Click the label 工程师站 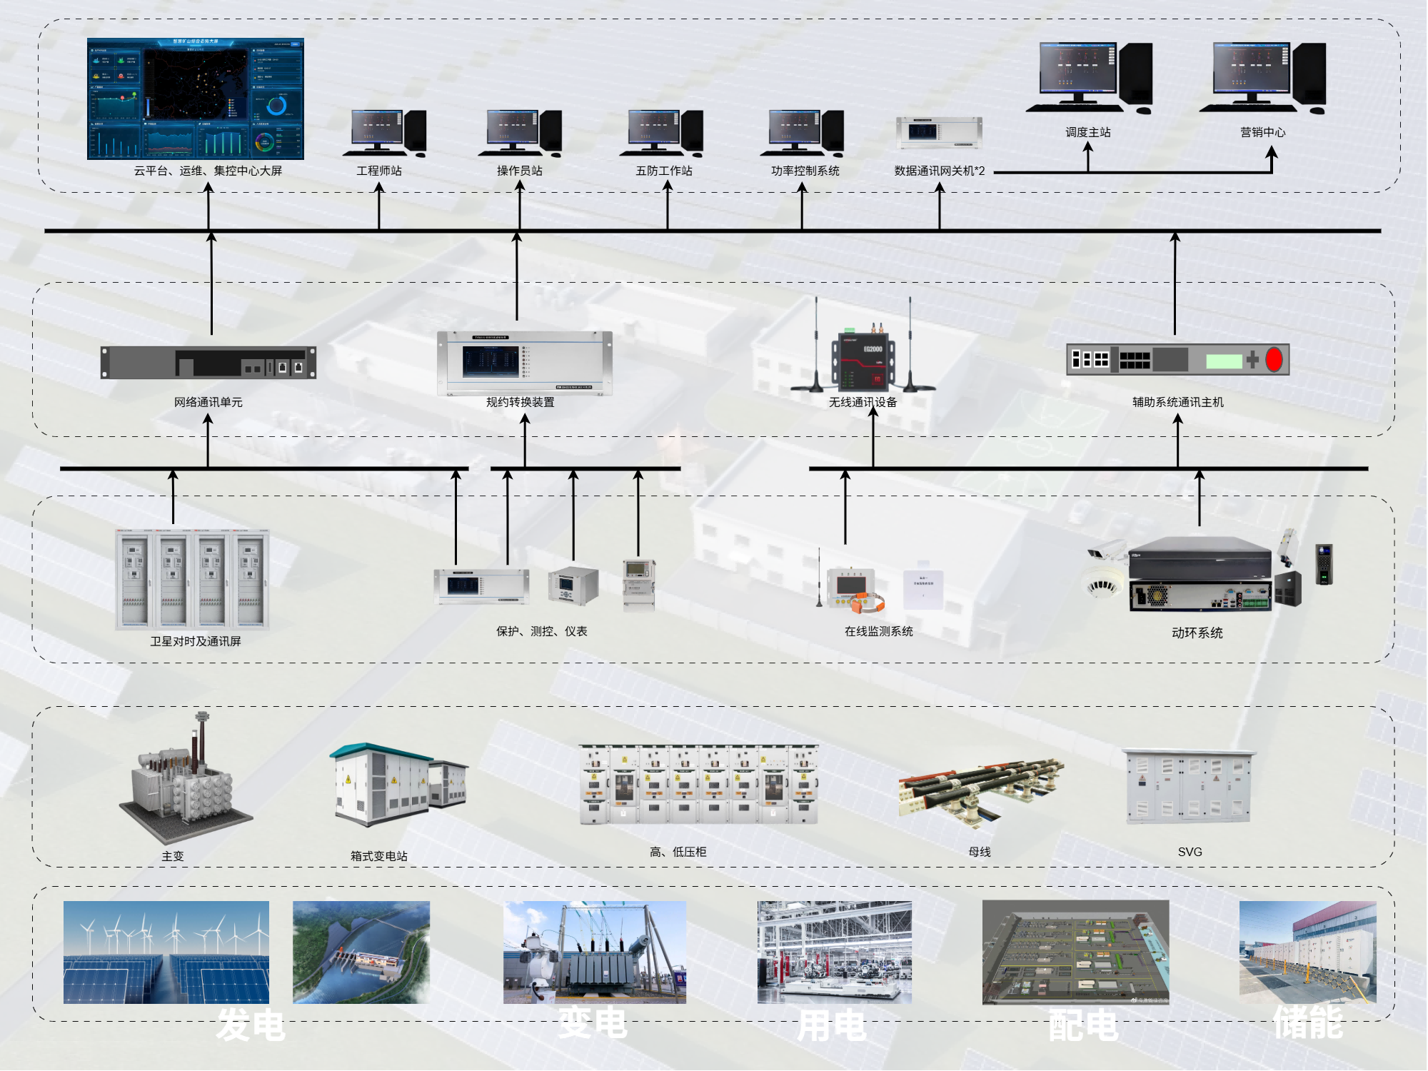(379, 171)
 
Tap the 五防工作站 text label (664, 171)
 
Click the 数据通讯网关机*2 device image (939, 133)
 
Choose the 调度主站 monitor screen (1077, 68)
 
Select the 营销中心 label (1262, 132)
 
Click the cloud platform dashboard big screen (196, 99)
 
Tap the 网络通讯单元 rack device (208, 363)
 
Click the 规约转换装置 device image (525, 363)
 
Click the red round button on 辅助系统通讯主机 (1274, 360)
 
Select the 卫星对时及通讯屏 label (196, 641)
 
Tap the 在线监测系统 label (878, 631)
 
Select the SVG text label (1190, 852)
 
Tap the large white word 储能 (1308, 1022)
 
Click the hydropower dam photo (361, 952)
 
